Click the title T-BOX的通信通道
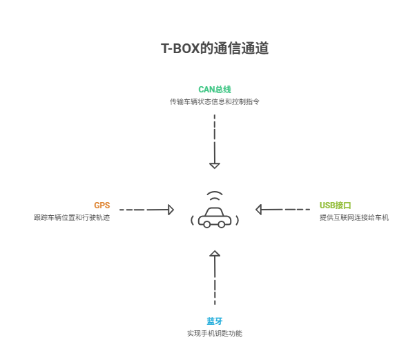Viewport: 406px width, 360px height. pyautogui.click(x=214, y=49)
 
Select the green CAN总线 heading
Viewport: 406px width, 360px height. pyautogui.click(x=214, y=90)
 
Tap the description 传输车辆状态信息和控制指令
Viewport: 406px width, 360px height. pyautogui.click(x=214, y=101)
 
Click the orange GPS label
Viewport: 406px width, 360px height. pyautogui.click(x=101, y=205)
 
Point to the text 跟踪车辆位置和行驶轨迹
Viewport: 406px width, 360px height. pyautogui.click(x=72, y=217)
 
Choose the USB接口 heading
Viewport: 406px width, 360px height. pyautogui.click(x=336, y=205)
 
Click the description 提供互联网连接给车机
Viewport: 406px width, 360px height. pyautogui.click(x=354, y=217)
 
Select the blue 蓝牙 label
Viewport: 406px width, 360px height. pyautogui.click(x=214, y=321)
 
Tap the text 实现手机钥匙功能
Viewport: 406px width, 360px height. pyautogui.click(x=214, y=334)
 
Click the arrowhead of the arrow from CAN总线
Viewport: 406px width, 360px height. pyautogui.click(x=215, y=165)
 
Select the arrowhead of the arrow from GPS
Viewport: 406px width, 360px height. pyautogui.click(x=170, y=209)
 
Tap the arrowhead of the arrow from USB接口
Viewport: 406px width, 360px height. pyautogui.click(x=259, y=209)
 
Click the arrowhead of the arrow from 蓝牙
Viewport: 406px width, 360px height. pyautogui.click(x=215, y=255)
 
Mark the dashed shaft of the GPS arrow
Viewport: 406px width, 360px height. pyautogui.click(x=142, y=209)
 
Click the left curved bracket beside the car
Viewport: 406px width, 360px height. pyautogui.click(x=192, y=221)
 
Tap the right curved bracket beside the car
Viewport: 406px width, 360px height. pyautogui.click(x=237, y=221)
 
